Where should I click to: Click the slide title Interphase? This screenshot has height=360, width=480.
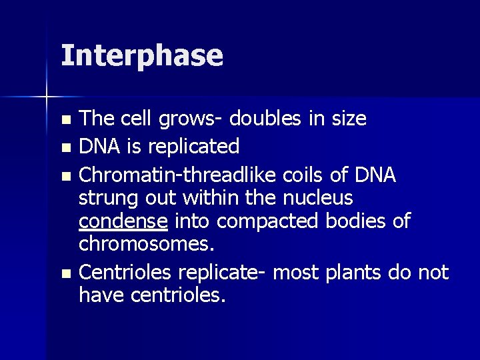(x=141, y=56)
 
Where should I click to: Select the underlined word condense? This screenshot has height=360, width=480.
(x=123, y=221)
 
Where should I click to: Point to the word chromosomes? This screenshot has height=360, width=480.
(x=147, y=244)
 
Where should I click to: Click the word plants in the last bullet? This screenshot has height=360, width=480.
(x=359, y=273)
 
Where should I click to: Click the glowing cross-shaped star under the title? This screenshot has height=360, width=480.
(x=47, y=97)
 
